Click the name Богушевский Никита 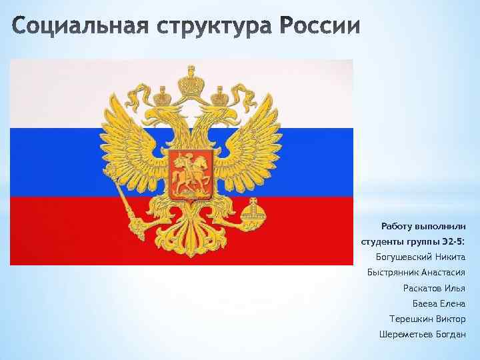421,257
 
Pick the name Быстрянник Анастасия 416,272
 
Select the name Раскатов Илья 434,288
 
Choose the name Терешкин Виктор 427,319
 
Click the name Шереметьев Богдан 422,334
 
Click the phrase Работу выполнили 423,226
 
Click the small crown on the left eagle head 161,97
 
